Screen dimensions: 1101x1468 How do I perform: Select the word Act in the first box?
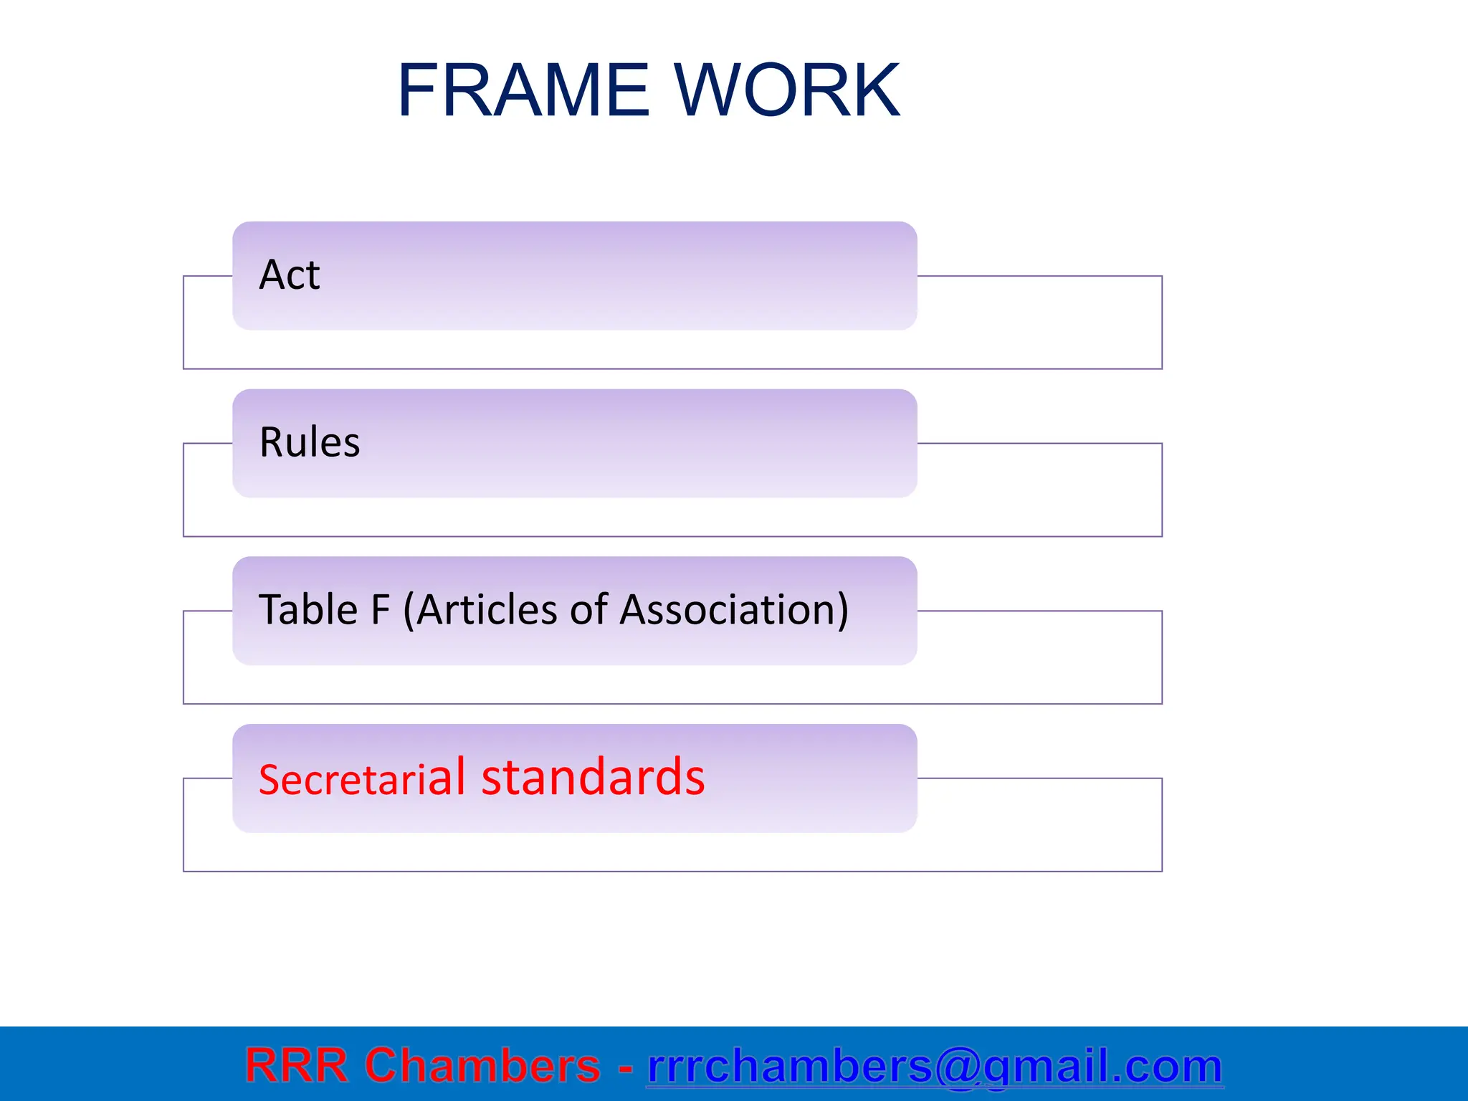pos(289,275)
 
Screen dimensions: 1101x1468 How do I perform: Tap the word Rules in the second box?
pos(309,442)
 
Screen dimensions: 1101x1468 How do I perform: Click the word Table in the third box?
pos(308,610)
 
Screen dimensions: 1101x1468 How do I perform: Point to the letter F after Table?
pos(380,610)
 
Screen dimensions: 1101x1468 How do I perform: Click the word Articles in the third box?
pos(487,610)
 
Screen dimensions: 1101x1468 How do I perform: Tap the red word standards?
pos(593,778)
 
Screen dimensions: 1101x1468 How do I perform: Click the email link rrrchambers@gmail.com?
pos(935,1066)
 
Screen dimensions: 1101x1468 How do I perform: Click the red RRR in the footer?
pos(296,1065)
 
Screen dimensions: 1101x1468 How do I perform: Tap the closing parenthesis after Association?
pos(842,611)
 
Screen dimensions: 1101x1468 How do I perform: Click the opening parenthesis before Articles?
pos(409,611)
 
